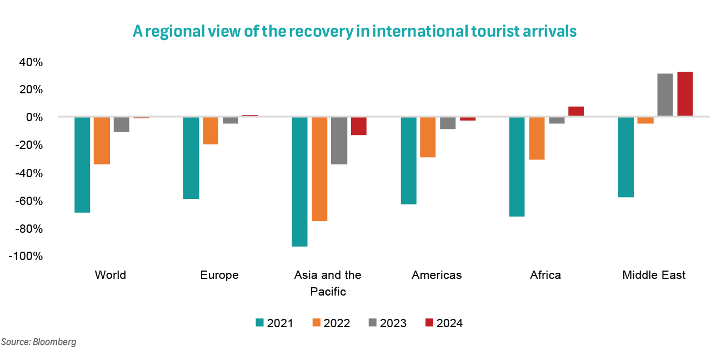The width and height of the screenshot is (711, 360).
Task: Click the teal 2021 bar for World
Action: [x=82, y=165]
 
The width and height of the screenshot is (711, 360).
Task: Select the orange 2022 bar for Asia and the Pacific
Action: [x=319, y=169]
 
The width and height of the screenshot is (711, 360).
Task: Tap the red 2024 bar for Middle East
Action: [x=685, y=94]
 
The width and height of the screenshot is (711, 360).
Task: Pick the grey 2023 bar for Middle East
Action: [x=665, y=95]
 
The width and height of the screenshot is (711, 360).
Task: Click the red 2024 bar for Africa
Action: [x=576, y=111]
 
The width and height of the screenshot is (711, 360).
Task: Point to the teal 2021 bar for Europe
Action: [x=191, y=158]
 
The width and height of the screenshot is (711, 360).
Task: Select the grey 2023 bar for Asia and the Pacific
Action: [x=339, y=141]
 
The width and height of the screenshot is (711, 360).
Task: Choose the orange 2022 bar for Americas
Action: [x=428, y=137]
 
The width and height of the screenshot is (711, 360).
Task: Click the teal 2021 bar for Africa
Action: [x=517, y=167]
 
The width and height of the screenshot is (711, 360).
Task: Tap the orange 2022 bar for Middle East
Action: [x=645, y=120]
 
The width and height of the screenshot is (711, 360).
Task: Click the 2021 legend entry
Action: [x=274, y=323]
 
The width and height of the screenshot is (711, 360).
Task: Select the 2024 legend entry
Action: [x=443, y=323]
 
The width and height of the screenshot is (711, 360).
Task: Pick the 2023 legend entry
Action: [x=387, y=323]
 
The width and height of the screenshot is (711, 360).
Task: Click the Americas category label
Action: [x=437, y=275]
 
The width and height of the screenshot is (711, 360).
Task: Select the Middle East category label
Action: [x=654, y=275]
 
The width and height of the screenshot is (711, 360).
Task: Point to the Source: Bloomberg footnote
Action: [x=38, y=342]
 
